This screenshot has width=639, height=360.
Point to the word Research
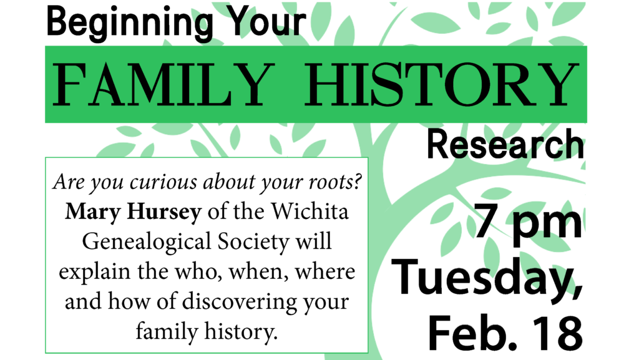coord(505,145)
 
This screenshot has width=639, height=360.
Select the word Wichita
coord(310,211)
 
